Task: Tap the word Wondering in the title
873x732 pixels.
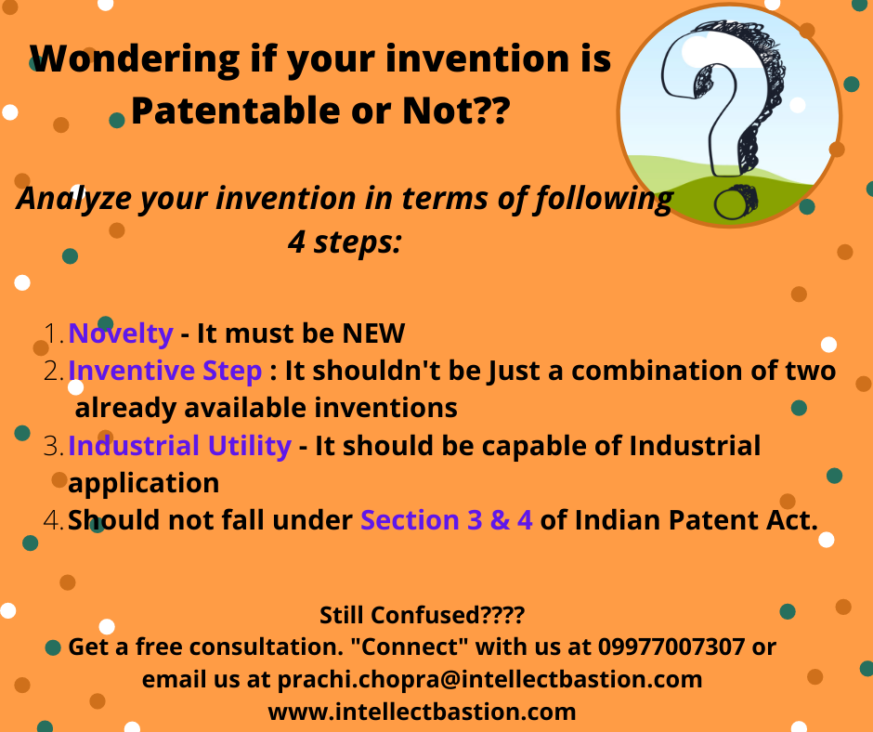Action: (135, 59)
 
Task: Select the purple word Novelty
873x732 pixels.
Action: (120, 333)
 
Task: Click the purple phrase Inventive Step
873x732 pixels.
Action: (164, 371)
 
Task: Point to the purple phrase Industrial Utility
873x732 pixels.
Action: (179, 446)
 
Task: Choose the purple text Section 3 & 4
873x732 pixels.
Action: (447, 520)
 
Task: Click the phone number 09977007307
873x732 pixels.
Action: (671, 647)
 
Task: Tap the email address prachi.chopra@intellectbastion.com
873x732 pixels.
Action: (489, 679)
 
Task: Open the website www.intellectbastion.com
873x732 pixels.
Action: (422, 712)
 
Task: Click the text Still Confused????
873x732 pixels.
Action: (422, 615)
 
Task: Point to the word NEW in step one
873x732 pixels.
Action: (373, 333)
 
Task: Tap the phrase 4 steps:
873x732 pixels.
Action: (345, 242)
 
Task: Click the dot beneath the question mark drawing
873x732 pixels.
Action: (734, 202)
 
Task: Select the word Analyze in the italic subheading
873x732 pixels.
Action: (74, 199)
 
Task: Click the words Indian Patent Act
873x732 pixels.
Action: (696, 520)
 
